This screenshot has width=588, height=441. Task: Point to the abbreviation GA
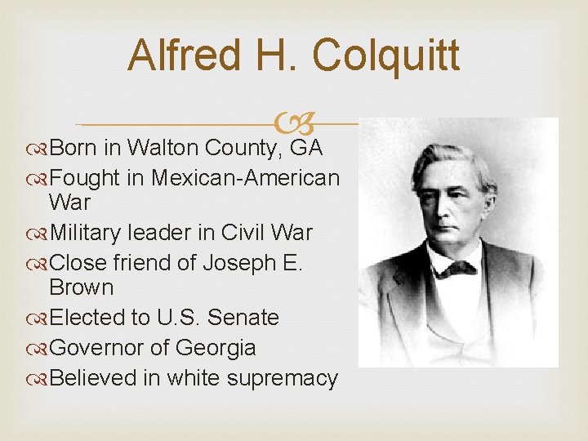click(306, 148)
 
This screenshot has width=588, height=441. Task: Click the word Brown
click(82, 287)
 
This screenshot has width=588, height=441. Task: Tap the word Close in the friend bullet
click(78, 263)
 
